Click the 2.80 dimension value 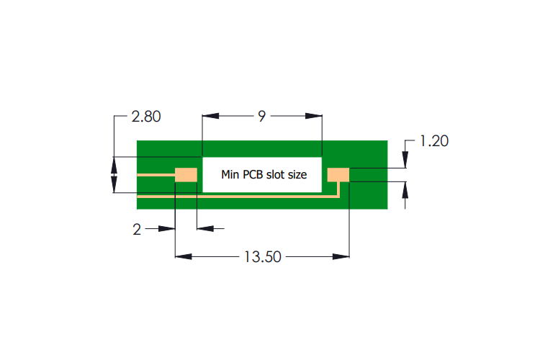tap(146, 117)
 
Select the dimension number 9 tap(262, 117)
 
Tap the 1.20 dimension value tap(434, 141)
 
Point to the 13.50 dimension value tap(263, 257)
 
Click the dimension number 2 tap(137, 230)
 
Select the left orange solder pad tap(186, 175)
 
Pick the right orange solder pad tap(338, 175)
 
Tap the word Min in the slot tap(230, 175)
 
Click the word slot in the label tap(275, 175)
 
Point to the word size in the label tap(297, 175)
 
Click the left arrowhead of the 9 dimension tap(211, 116)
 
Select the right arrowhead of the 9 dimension tap(314, 116)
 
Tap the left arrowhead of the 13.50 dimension tap(184, 256)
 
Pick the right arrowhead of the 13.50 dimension tap(341, 256)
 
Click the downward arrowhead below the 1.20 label tap(405, 160)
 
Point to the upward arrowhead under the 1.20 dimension tap(405, 190)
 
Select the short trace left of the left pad tap(156, 175)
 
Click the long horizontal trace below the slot tap(237, 197)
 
